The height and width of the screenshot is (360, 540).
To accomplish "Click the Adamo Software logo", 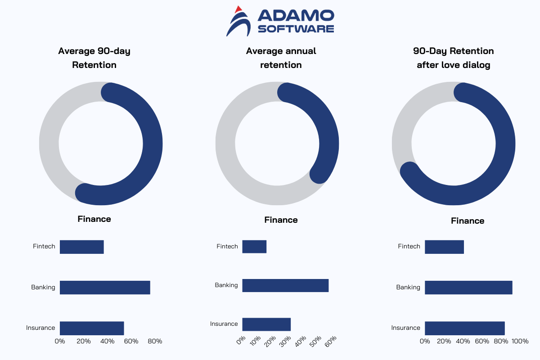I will tap(280, 21).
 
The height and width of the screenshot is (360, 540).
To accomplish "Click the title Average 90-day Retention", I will tap(94, 58).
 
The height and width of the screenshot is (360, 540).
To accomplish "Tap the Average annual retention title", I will tap(281, 58).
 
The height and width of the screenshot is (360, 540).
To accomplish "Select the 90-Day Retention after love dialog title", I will tap(453, 58).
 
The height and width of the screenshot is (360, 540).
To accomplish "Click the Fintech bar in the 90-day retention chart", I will tap(82, 247).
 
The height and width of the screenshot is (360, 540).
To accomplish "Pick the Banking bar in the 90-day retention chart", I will tap(105, 288).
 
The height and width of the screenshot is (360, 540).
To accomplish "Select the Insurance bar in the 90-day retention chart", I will tap(92, 328).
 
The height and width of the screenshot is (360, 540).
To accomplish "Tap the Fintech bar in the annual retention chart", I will tap(254, 247).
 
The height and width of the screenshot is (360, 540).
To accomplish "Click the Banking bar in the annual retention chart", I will tap(285, 285).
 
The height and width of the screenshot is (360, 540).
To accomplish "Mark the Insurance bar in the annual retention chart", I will tap(266, 324).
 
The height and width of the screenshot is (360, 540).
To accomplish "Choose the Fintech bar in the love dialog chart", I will tap(444, 247).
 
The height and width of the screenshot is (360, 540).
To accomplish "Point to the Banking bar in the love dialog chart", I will tap(468, 288).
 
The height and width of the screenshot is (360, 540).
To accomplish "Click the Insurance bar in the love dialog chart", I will tap(465, 328).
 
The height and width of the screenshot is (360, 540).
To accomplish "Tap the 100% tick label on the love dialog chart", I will tap(520, 342).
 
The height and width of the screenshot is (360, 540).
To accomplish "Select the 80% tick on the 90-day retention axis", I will tap(155, 342).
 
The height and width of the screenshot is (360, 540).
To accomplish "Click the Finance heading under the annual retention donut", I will tap(281, 220).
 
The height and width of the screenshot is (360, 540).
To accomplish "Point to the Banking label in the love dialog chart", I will tap(408, 288).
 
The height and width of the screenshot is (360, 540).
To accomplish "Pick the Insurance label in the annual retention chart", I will tap(224, 324).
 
